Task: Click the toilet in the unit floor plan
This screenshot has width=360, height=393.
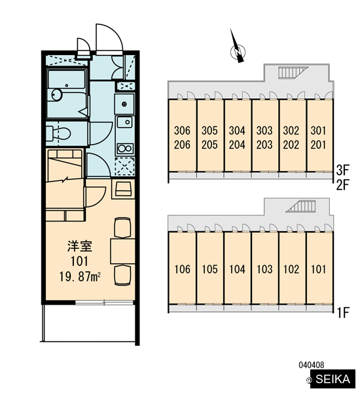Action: [58, 134]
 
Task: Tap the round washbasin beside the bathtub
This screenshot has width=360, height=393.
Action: [57, 95]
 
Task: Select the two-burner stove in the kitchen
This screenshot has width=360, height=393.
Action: [125, 149]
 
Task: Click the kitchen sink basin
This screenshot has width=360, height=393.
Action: [124, 122]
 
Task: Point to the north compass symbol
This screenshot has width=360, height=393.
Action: [238, 49]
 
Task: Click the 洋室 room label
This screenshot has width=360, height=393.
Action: [80, 246]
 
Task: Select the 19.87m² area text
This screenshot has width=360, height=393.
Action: [80, 276]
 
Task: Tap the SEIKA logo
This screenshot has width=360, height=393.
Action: [333, 379]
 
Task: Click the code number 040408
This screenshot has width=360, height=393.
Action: [312, 365]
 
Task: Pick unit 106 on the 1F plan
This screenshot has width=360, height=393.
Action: [182, 269]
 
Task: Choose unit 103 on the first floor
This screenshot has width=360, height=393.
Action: [264, 269]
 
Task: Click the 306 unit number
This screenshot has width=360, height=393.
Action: [182, 130]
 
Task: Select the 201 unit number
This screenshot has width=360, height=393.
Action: [318, 145]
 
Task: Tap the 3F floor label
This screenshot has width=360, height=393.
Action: [342, 170]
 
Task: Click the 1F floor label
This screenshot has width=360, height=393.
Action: [343, 312]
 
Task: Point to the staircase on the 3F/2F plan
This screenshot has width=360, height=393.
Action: [293, 73]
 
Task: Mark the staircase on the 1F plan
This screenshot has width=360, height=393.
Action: [300, 206]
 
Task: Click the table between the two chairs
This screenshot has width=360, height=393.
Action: [122, 251]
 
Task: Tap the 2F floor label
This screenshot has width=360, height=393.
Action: [342, 185]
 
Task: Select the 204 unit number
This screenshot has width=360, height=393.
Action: [237, 145]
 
